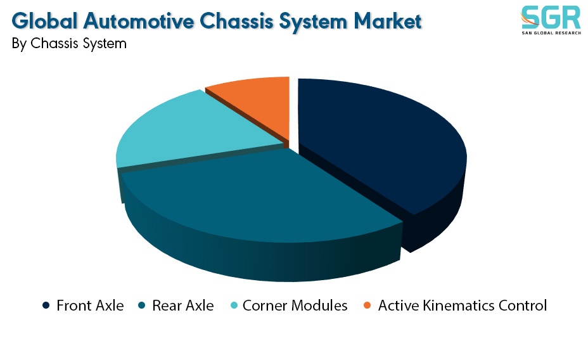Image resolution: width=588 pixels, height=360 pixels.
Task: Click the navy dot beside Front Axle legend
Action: click(46, 305)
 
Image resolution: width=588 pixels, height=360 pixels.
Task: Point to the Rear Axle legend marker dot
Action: click(142, 305)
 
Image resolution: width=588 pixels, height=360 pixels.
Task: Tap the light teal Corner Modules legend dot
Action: click(234, 305)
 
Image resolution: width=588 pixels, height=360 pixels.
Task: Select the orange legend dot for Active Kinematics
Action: click(367, 305)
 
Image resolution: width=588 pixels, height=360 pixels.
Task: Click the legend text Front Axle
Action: click(90, 305)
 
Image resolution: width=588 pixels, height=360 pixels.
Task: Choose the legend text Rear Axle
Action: click(183, 305)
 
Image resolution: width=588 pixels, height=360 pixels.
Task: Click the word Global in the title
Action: click(44, 21)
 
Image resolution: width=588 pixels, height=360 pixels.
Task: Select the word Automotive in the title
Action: click(139, 21)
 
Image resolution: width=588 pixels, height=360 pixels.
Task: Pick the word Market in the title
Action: click(388, 21)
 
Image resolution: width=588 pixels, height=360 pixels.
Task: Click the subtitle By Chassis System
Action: click(69, 44)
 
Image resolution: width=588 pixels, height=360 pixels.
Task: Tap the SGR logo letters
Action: click(551, 18)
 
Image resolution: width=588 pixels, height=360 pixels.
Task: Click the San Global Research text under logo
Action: click(551, 33)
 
